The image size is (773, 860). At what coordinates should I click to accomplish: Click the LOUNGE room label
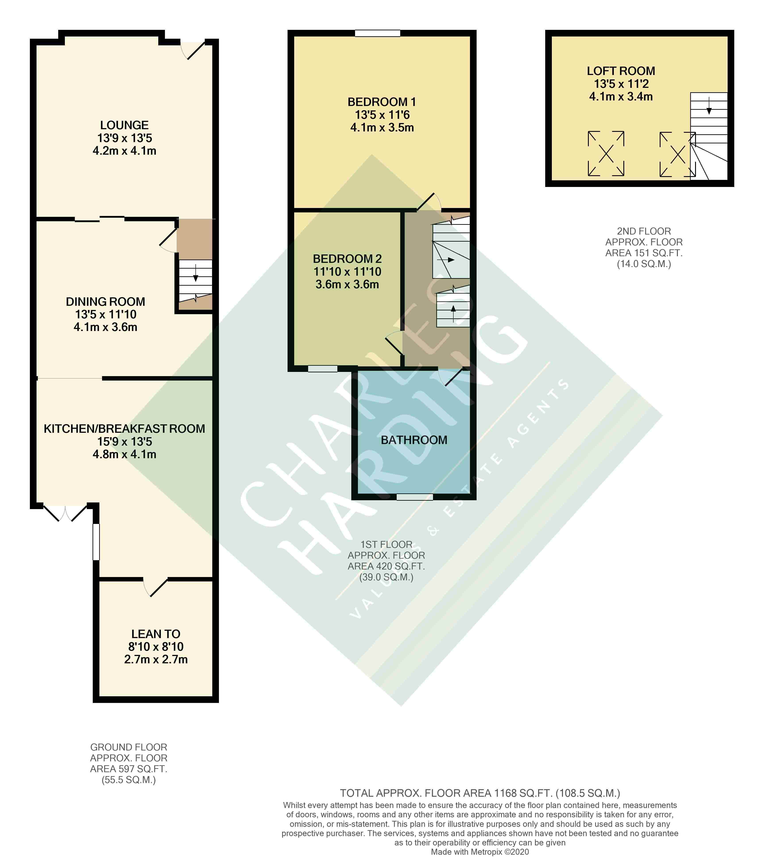pos(124,125)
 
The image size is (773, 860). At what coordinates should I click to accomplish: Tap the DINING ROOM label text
pos(105,302)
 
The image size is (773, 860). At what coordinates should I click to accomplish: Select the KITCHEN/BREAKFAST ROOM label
pos(124,429)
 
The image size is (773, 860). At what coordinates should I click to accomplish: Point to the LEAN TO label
pos(156,634)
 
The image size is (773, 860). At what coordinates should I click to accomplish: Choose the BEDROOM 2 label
pos(347,259)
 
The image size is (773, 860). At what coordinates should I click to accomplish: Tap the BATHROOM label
pos(414,440)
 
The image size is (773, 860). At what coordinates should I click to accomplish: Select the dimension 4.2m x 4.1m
pos(124,151)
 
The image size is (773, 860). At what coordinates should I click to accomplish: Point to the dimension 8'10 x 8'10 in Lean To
pos(156,647)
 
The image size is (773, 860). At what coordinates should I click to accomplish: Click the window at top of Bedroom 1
pos(378,33)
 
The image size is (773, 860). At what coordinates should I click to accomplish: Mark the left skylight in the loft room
pos(606,154)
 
